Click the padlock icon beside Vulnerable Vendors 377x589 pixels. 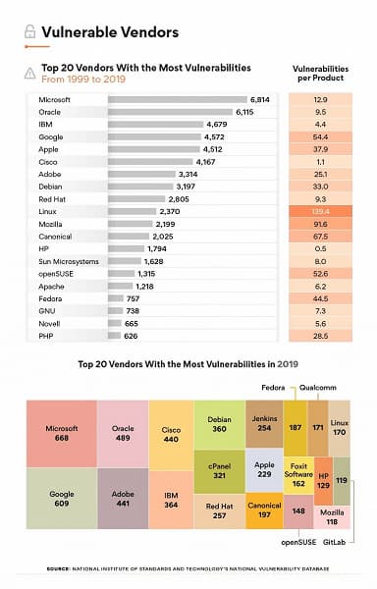click(29, 31)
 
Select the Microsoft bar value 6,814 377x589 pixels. click(260, 100)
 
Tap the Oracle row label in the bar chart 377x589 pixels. click(50, 112)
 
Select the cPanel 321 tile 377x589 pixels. click(219, 473)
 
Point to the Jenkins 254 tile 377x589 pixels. click(264, 423)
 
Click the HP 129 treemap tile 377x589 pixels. click(323, 474)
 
